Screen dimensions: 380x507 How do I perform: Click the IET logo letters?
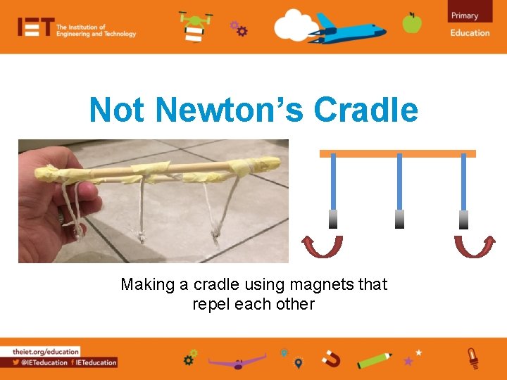click(x=36, y=27)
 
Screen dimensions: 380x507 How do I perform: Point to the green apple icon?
click(x=412, y=23)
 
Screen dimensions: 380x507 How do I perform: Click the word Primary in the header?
click(x=465, y=15)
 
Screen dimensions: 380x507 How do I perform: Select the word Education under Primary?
click(x=470, y=32)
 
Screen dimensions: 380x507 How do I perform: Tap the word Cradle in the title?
click(x=365, y=110)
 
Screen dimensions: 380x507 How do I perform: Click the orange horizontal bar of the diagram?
click(x=398, y=153)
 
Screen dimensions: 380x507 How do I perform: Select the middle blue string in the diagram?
click(x=399, y=182)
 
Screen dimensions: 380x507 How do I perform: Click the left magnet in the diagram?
click(x=333, y=219)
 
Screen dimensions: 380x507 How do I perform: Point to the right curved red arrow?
click(x=475, y=247)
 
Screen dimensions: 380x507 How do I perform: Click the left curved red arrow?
click(x=323, y=247)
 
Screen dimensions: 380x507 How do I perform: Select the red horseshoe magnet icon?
click(x=331, y=360)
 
